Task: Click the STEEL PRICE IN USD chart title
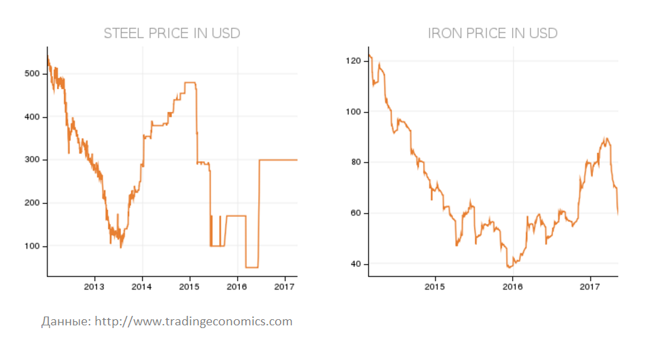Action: pyautogui.click(x=171, y=33)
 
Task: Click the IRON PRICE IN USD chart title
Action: pyautogui.click(x=492, y=33)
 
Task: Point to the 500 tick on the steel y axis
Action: pyautogui.click(x=31, y=73)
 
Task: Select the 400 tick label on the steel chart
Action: pyautogui.click(x=31, y=117)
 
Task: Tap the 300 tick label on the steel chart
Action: pyautogui.click(x=31, y=160)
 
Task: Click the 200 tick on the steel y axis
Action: pyautogui.click(x=31, y=203)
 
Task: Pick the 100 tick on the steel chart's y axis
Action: pyautogui.click(x=31, y=246)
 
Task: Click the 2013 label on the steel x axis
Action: pyautogui.click(x=94, y=287)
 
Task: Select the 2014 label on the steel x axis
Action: pyautogui.click(x=142, y=287)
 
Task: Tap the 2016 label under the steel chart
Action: pyautogui.click(x=236, y=287)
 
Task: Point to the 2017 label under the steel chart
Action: pyautogui.click(x=283, y=287)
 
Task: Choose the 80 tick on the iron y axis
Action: pyautogui.click(x=354, y=162)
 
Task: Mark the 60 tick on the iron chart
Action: pyautogui.click(x=354, y=213)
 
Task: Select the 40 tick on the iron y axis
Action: pyautogui.click(x=354, y=264)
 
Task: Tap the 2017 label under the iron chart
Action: pyautogui.click(x=590, y=287)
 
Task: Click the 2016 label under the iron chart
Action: pyautogui.click(x=512, y=287)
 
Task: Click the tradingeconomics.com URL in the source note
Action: pyautogui.click(x=194, y=321)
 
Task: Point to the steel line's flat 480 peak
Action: pyautogui.click(x=190, y=82)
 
